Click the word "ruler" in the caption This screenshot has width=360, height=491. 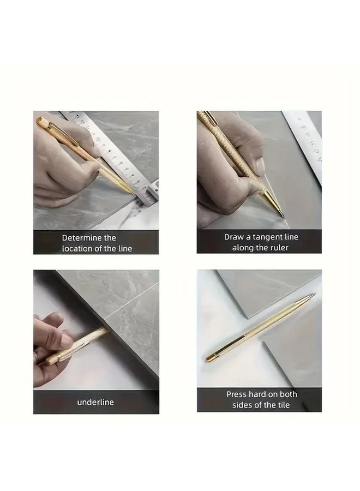pos(279,248)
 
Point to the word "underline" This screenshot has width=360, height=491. pos(95,402)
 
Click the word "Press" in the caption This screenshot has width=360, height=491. pos(237,394)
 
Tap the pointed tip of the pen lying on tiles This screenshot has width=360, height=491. pos(313,296)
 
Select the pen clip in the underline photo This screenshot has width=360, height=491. pos(71,354)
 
